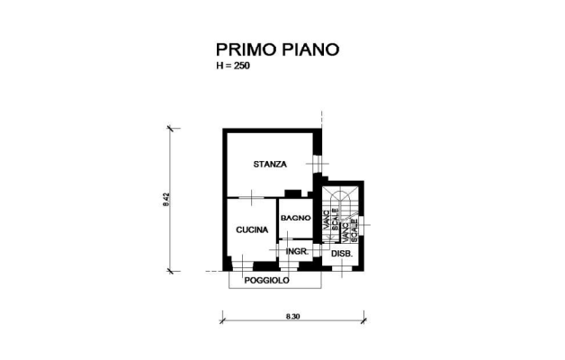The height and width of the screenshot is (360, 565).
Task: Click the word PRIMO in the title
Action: (x=246, y=49)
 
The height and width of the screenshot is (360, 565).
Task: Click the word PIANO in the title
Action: (x=310, y=49)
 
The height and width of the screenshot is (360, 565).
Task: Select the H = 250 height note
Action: (x=233, y=66)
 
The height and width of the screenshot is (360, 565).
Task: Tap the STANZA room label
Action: (x=270, y=165)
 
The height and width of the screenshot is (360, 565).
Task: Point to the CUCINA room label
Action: (x=252, y=229)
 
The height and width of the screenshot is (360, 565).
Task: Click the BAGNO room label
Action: (x=295, y=218)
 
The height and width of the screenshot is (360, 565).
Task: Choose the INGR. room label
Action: (x=297, y=251)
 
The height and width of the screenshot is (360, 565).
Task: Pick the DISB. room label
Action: (x=342, y=254)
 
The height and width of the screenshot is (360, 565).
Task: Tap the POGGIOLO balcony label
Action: (x=266, y=281)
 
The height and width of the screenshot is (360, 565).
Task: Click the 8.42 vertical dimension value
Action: (x=166, y=200)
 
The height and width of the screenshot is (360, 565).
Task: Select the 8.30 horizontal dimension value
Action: (x=293, y=317)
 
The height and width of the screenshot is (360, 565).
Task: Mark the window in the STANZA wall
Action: (x=317, y=164)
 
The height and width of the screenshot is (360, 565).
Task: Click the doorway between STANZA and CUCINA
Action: (x=252, y=198)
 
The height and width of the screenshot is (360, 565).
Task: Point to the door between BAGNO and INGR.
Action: (x=287, y=239)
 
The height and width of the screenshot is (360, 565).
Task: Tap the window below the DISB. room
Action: (x=342, y=268)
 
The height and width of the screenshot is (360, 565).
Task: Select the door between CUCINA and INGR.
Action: (x=277, y=250)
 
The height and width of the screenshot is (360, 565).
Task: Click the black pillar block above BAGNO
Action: (x=292, y=193)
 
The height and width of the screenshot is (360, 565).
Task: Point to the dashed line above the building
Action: (x=321, y=120)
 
